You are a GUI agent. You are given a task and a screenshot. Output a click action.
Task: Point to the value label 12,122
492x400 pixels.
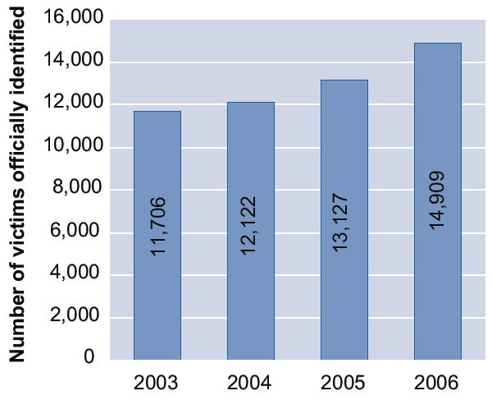click(x=252, y=225)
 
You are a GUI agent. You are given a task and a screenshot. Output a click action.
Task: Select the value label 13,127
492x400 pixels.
click(x=344, y=222)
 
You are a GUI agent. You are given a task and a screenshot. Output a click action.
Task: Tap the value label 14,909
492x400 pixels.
click(x=437, y=200)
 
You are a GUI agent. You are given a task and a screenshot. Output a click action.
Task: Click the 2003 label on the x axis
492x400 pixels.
click(x=157, y=383)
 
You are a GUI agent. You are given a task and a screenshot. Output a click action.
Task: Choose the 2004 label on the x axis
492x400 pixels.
click(x=251, y=383)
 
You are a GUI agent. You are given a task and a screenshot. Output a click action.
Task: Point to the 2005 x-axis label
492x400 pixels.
click(x=344, y=383)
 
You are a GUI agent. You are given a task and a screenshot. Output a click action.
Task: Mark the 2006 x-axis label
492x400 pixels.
click(x=437, y=383)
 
